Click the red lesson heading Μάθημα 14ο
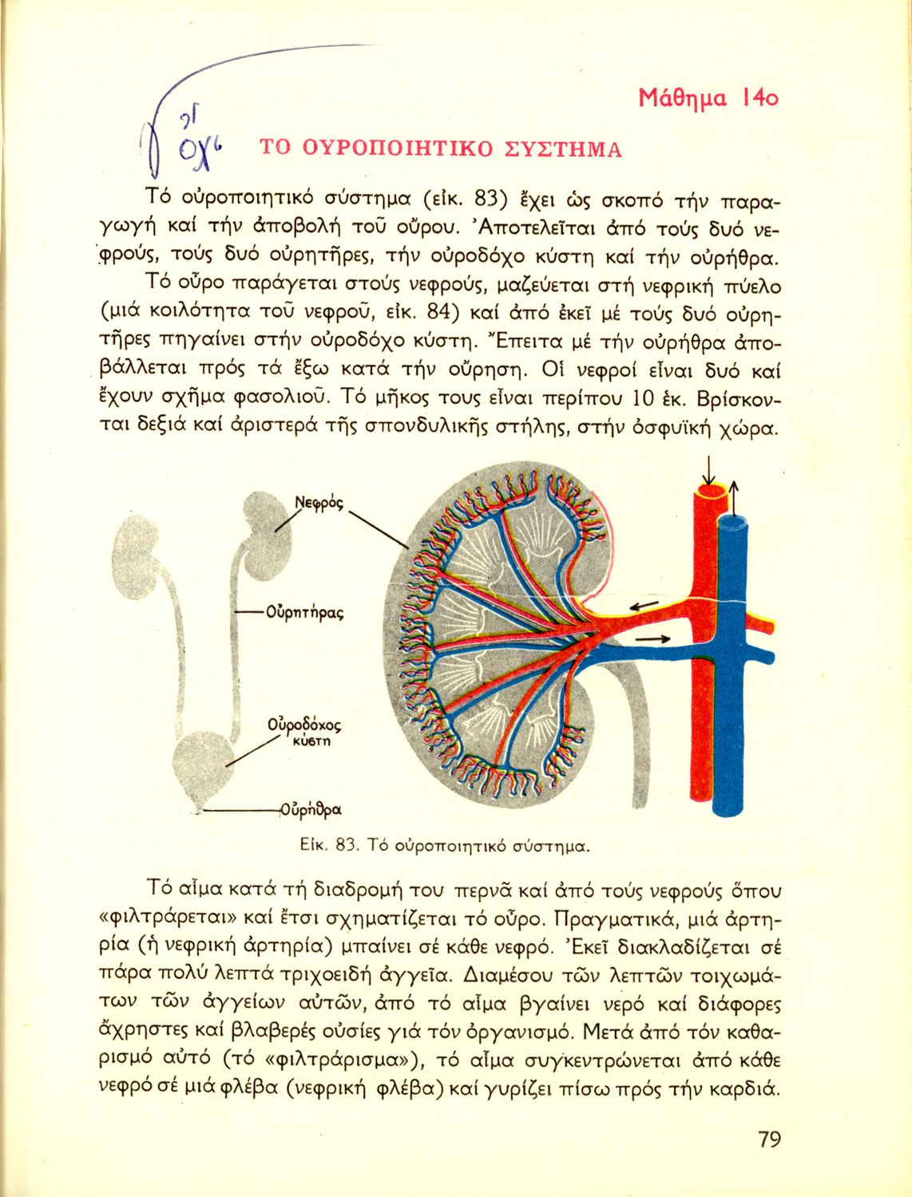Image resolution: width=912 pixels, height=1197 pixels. click(708, 98)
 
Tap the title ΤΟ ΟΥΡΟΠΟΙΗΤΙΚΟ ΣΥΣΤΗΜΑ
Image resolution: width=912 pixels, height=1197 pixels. click(440, 149)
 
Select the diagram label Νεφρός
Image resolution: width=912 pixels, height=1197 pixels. click(319, 504)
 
